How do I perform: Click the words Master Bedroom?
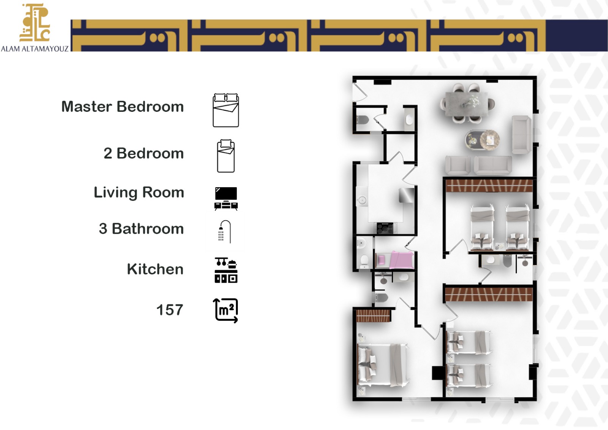pyautogui.click(x=122, y=107)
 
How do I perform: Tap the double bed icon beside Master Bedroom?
pyautogui.click(x=226, y=110)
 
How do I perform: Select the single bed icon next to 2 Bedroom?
pyautogui.click(x=226, y=156)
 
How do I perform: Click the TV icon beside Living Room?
pyautogui.click(x=226, y=199)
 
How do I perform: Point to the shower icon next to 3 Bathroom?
pyautogui.click(x=225, y=231)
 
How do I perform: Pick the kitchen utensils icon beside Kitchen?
pyautogui.click(x=226, y=270)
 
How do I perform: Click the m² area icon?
pyautogui.click(x=225, y=311)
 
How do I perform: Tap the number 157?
pyautogui.click(x=169, y=310)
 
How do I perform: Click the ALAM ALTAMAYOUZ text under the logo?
pyautogui.click(x=35, y=49)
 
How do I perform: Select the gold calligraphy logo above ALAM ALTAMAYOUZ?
pyautogui.click(x=35, y=22)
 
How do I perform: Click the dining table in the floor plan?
pyautogui.click(x=467, y=104)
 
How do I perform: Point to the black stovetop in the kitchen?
pyautogui.click(x=385, y=228)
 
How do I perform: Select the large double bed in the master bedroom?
pyautogui.click(x=383, y=365)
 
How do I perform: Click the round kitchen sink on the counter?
pyautogui.click(x=362, y=201)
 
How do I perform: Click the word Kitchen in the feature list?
pyautogui.click(x=155, y=269)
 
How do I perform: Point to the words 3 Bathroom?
pyautogui.click(x=141, y=229)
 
